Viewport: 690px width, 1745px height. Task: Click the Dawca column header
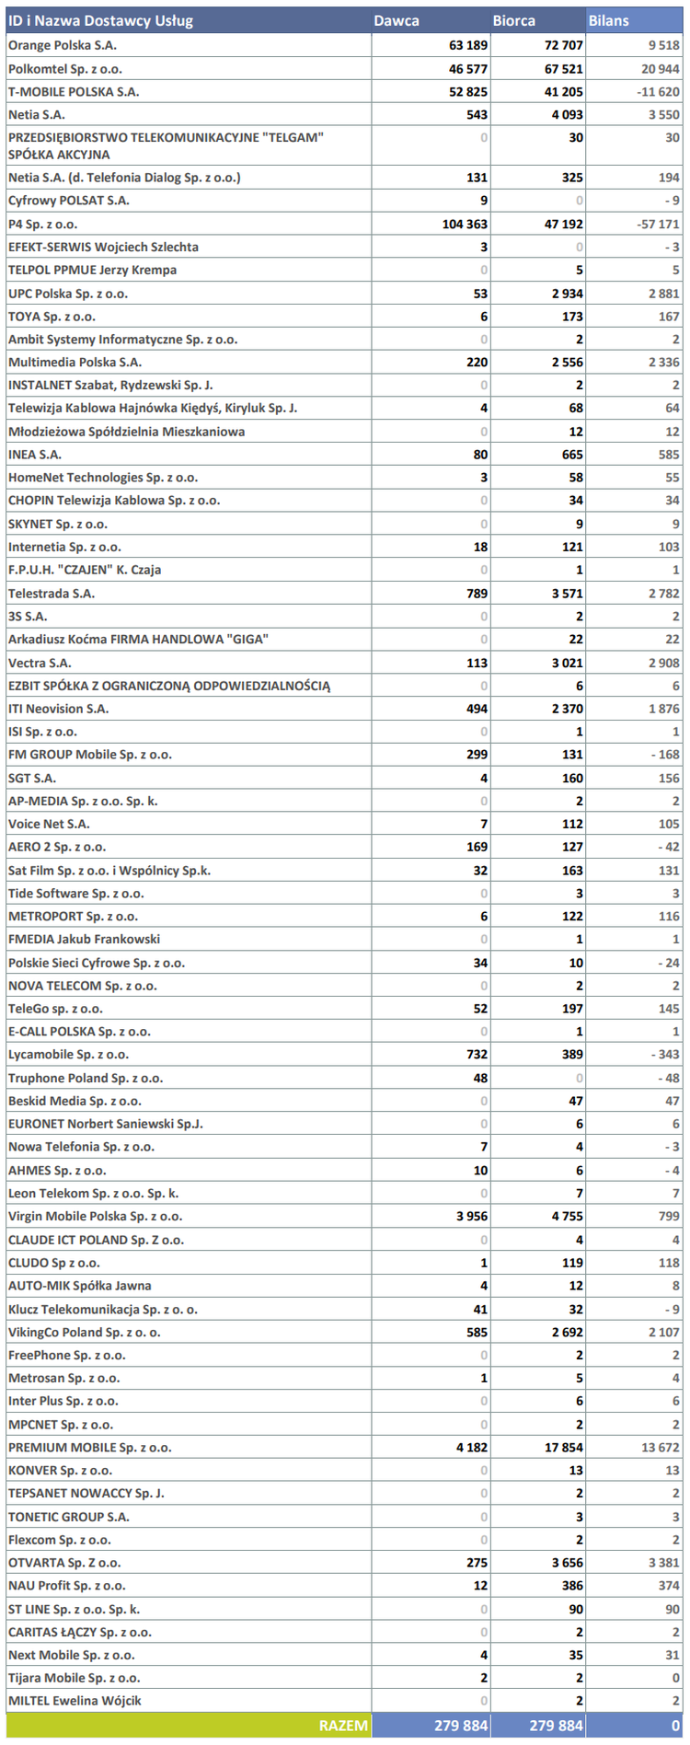click(397, 20)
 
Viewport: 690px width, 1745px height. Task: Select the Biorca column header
click(513, 20)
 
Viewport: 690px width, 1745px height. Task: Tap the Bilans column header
click(609, 20)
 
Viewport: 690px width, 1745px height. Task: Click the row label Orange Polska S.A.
click(63, 45)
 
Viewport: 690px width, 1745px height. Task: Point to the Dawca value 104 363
click(465, 224)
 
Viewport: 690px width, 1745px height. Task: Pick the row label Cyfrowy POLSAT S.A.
click(69, 201)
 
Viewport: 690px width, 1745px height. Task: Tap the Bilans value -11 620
click(659, 92)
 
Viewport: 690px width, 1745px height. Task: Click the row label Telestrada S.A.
click(52, 594)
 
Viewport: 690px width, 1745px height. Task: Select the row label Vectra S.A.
click(40, 663)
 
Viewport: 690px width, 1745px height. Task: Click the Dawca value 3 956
click(472, 1216)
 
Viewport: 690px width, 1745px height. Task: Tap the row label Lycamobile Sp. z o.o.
click(69, 1055)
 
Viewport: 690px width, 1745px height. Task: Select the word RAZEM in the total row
click(343, 1725)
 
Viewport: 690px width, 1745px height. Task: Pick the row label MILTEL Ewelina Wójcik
click(75, 1700)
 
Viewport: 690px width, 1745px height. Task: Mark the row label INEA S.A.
click(35, 455)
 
